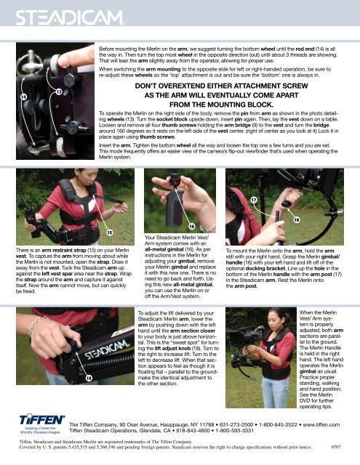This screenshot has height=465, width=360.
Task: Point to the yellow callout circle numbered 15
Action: point(111,232)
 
